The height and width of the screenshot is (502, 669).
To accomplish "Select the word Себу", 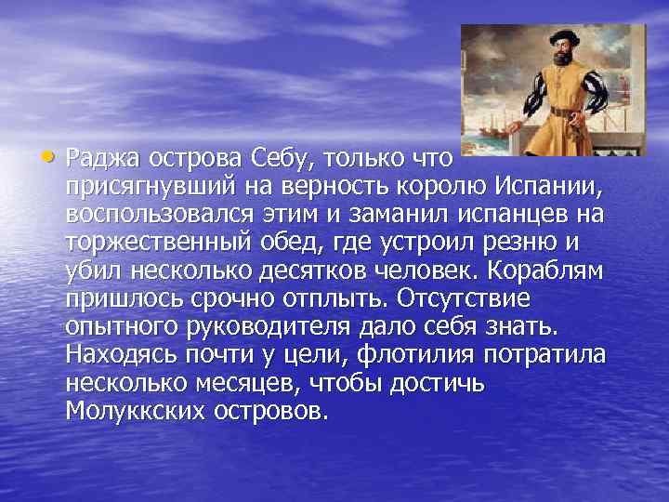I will pos(282,163).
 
